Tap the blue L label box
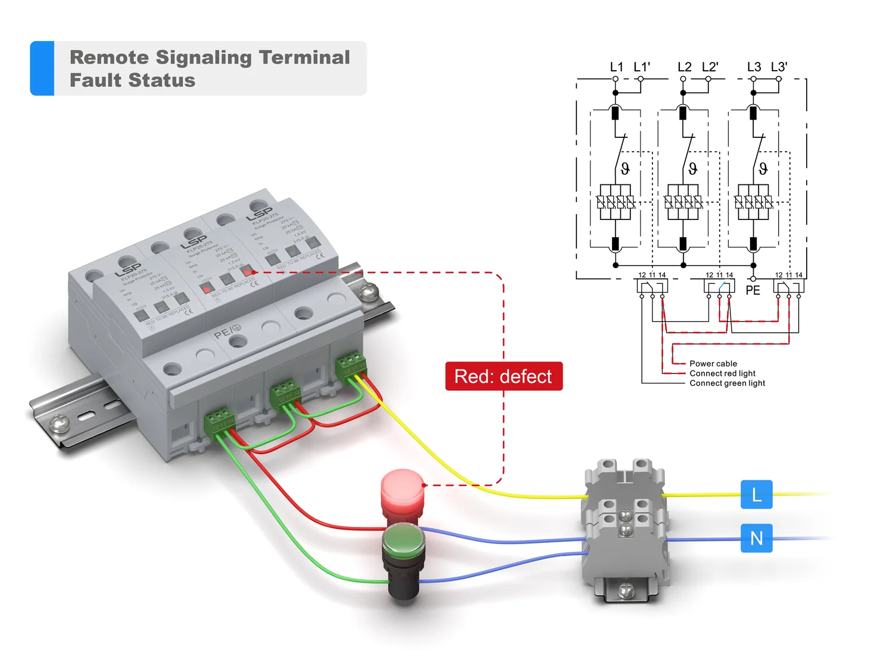(x=756, y=494)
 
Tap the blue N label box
(x=756, y=538)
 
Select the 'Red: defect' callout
(x=504, y=376)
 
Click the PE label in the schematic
(x=753, y=290)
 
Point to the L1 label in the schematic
(x=616, y=67)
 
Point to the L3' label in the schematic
(x=779, y=67)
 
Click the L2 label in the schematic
(x=684, y=67)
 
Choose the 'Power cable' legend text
(x=713, y=363)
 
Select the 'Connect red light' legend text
(x=722, y=373)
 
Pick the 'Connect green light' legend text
(x=727, y=384)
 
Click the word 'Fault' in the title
(x=96, y=80)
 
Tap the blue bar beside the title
(x=42, y=68)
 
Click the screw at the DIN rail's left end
(x=59, y=423)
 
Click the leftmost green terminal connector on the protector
(x=219, y=423)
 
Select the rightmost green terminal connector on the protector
(x=351, y=364)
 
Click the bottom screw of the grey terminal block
(x=625, y=591)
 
